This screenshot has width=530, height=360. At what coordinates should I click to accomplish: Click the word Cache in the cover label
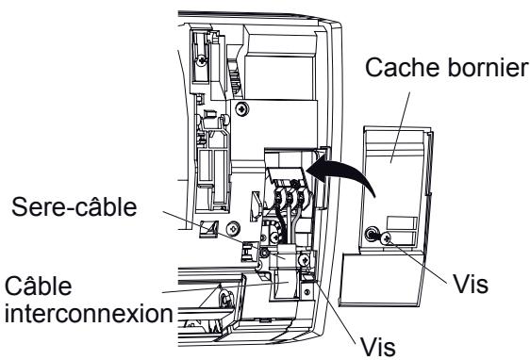(403, 67)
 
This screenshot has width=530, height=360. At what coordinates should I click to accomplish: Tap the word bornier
(488, 67)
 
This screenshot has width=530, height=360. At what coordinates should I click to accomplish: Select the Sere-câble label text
(74, 206)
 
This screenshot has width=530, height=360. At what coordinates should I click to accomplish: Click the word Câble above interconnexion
(39, 286)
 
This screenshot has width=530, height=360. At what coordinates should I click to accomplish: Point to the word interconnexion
(89, 314)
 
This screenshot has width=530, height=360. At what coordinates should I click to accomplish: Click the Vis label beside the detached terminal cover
(471, 284)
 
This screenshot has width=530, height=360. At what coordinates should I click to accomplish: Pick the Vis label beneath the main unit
(377, 347)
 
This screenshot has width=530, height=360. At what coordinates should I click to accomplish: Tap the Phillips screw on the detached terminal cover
(385, 238)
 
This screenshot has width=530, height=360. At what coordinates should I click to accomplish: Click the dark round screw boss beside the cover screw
(371, 234)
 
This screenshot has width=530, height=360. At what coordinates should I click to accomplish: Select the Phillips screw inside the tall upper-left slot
(202, 61)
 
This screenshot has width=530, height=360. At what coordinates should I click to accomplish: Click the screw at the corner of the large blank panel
(242, 108)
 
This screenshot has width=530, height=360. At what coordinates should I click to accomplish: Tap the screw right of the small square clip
(234, 229)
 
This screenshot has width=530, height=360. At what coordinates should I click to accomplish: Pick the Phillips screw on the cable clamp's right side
(304, 260)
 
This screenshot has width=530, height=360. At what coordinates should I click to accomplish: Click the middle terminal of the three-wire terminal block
(289, 197)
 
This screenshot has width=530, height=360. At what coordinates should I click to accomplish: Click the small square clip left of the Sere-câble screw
(208, 229)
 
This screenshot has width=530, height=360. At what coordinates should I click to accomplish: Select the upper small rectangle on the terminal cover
(402, 223)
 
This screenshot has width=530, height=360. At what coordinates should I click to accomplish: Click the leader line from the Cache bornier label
(400, 127)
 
